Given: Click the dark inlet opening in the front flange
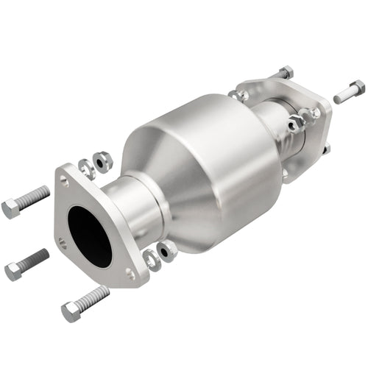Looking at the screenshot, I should (88, 236).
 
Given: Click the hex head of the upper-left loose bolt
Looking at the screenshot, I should (10, 209).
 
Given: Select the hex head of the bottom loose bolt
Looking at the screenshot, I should (70, 312).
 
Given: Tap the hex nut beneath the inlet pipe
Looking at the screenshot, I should (167, 250).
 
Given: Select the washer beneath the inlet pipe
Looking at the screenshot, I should (152, 258).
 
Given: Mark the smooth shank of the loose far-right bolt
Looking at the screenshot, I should (342, 96).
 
